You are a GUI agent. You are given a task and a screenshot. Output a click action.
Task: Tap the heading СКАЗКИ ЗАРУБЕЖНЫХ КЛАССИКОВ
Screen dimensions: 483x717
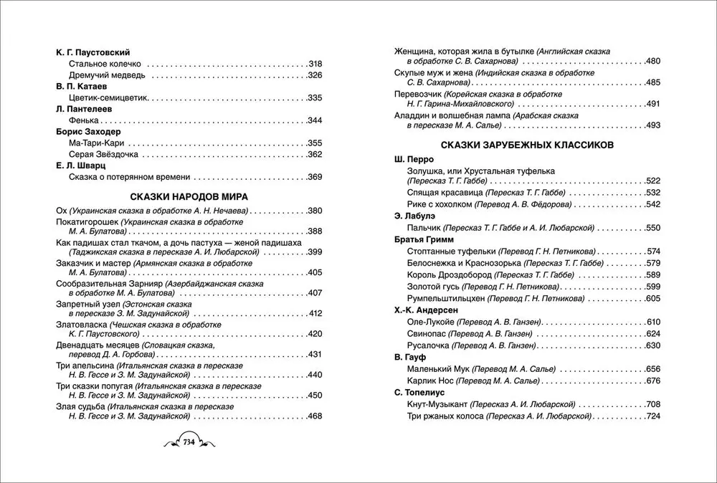[x=527, y=144]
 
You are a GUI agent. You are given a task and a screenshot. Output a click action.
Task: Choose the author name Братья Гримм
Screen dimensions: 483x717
[x=426, y=239]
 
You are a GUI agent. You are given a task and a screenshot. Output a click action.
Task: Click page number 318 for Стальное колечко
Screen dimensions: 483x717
[x=315, y=62]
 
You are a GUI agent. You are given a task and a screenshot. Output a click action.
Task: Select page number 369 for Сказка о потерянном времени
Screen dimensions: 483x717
[x=315, y=177]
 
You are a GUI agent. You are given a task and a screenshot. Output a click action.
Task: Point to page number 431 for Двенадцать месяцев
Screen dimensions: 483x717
[x=315, y=355]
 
